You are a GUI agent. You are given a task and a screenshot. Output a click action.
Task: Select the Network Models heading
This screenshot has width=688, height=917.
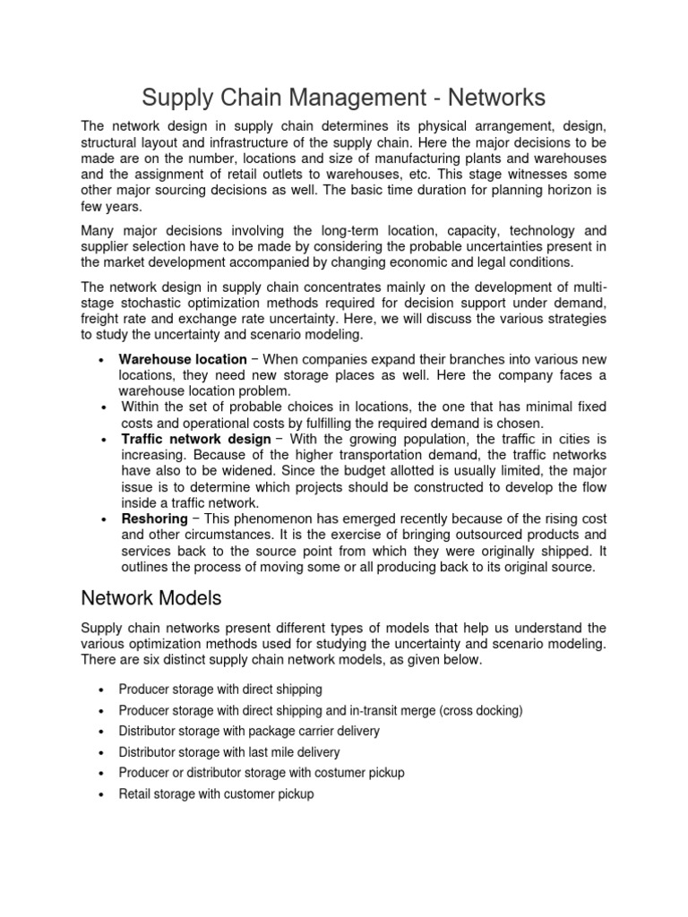click(150, 597)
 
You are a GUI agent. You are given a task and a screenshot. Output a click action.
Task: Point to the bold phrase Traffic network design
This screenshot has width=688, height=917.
click(196, 439)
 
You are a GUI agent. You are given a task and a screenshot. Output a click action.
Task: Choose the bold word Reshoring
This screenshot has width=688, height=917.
click(153, 519)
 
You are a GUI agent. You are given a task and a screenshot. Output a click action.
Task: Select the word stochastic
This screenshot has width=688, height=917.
click(151, 303)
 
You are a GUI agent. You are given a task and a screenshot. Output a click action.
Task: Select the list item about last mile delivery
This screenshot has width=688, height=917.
click(229, 752)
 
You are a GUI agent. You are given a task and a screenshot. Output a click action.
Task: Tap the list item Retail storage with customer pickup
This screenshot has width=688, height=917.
click(216, 793)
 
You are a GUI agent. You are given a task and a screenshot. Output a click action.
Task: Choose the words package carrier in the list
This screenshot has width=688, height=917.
click(286, 731)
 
